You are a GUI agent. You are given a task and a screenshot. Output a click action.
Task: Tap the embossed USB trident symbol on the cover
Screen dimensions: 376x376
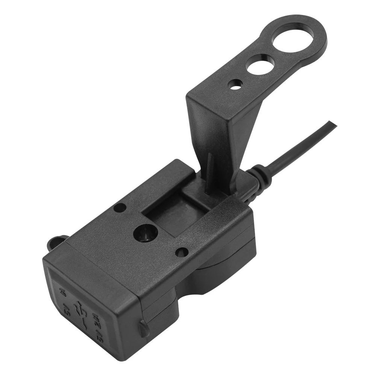click(80, 310)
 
